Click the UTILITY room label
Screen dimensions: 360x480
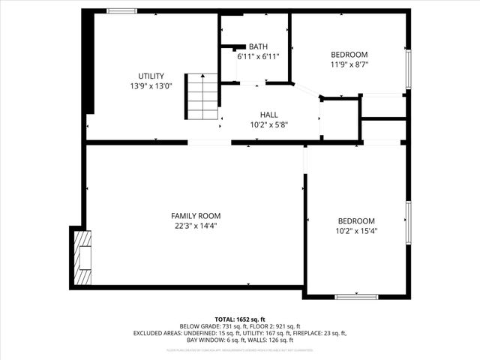pos(151,76)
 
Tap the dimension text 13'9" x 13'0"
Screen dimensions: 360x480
pos(151,85)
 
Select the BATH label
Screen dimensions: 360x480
pos(258,46)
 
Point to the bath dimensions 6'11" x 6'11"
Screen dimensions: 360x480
pos(258,56)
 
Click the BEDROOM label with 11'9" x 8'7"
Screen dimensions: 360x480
pos(349,55)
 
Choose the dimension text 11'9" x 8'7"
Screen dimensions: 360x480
pos(349,64)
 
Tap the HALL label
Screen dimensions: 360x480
pos(269,114)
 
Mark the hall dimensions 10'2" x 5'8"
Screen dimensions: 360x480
pos(269,124)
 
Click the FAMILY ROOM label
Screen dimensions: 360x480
pos(194,215)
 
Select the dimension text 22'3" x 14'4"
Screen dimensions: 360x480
pos(194,225)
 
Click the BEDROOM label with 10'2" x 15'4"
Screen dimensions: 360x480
pos(356,220)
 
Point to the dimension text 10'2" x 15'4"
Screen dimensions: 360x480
pos(356,231)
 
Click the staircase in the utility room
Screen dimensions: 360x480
pos(201,97)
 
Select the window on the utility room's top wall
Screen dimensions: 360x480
pos(121,11)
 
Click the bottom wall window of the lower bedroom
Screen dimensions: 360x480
pos(355,297)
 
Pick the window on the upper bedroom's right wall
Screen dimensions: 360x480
pos(408,69)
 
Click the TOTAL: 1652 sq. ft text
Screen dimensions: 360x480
pos(240,319)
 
